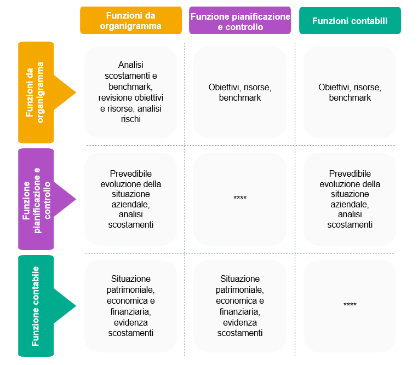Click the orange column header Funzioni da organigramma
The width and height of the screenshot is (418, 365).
tap(130, 20)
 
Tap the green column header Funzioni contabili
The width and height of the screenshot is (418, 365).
tap(350, 21)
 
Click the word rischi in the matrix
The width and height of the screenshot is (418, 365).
tap(130, 119)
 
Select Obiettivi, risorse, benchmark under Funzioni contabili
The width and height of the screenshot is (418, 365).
tap(350, 92)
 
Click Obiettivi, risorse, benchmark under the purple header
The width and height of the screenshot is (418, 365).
tap(240, 92)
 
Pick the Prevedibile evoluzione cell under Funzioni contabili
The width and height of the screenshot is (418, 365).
tap(350, 198)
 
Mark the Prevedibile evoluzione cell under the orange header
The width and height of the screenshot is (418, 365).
tap(130, 198)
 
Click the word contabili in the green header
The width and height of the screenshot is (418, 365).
tap(369, 21)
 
